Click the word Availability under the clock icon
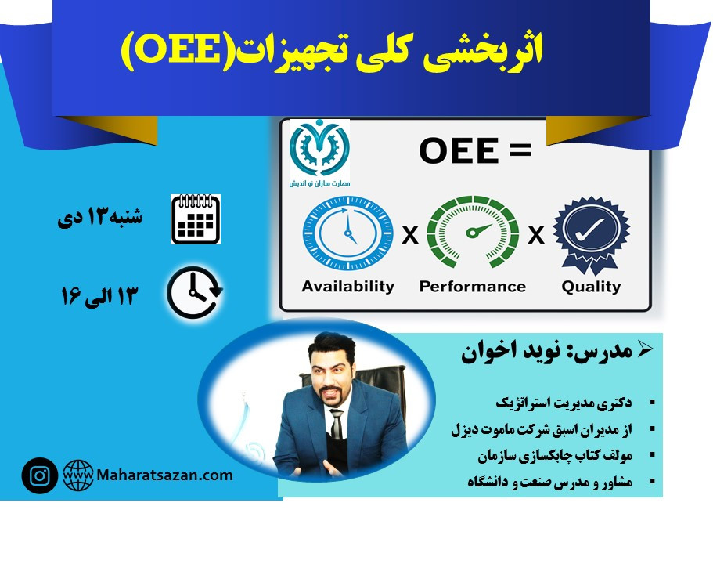point(347,286)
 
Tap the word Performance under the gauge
point(472,286)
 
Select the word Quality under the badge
point(590,286)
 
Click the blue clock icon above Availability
point(347,233)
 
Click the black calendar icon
point(195,219)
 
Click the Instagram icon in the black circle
point(39,475)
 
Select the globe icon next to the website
point(78,475)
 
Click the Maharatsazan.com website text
point(165,475)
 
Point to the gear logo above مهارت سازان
point(319,146)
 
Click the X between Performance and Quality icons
point(535,235)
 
